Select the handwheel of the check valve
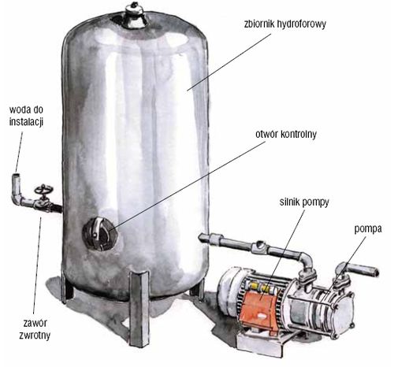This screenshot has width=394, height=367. point(42,191)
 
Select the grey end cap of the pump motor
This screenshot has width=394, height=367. point(231,291)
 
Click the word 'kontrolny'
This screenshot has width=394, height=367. point(298,134)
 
